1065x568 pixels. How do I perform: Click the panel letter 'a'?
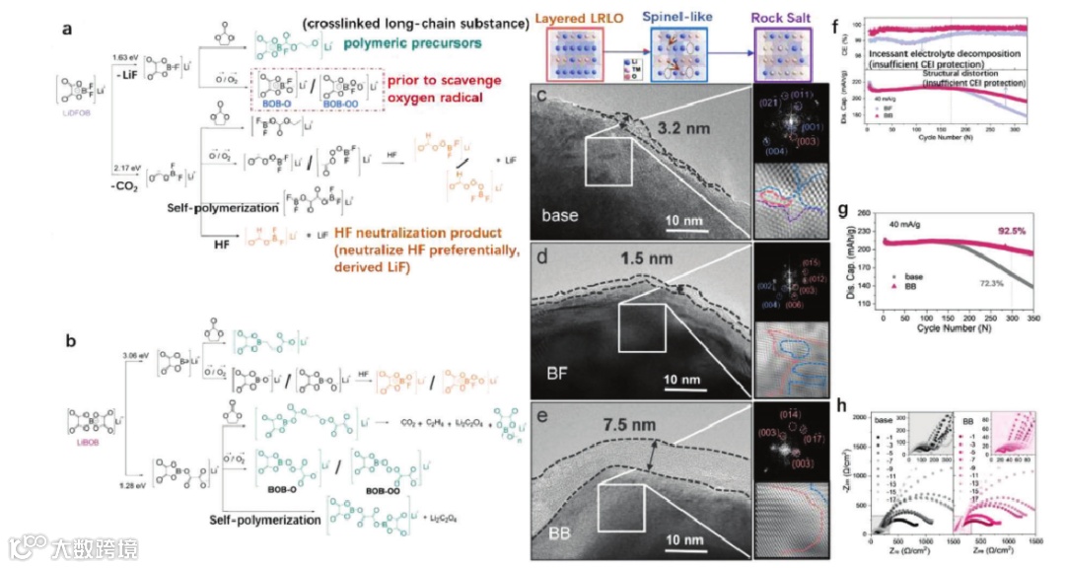(x=66, y=29)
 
